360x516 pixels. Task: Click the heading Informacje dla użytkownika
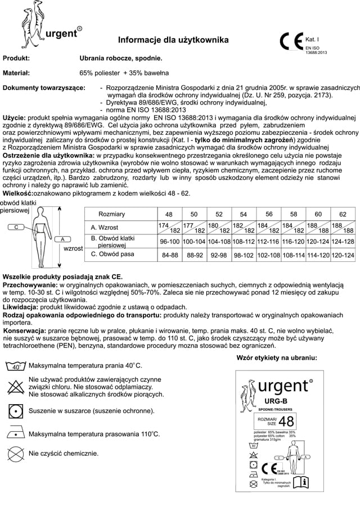tap(173, 40)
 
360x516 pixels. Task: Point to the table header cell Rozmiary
tap(112, 214)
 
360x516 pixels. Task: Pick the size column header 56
tap(269, 214)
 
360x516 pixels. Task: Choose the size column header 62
tap(343, 214)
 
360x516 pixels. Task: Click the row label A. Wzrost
tap(106, 227)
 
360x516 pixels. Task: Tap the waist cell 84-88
tap(169, 255)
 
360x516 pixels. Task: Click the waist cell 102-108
tap(269, 255)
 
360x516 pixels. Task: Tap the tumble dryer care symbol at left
tap(16, 410)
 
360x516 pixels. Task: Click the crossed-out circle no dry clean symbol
tap(16, 454)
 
